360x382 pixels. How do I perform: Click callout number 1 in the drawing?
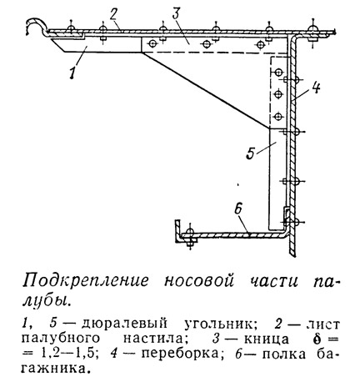click(x=72, y=72)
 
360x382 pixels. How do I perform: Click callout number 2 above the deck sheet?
click(x=113, y=18)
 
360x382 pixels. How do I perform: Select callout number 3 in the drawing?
click(x=177, y=13)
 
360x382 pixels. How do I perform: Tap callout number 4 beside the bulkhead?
click(x=315, y=87)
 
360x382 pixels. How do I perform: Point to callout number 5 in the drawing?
click(x=250, y=153)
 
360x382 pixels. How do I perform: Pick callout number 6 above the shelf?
click(x=238, y=209)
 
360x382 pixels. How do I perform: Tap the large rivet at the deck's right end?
click(x=314, y=32)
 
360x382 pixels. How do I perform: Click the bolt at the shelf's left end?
click(x=190, y=236)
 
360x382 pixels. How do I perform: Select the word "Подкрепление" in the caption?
click(x=86, y=280)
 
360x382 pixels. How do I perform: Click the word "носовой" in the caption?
click(x=199, y=281)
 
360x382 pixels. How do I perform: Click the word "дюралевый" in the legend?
click(x=125, y=324)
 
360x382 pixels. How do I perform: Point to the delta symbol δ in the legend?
click(x=317, y=339)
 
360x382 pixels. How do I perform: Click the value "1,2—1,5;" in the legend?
click(x=68, y=354)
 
